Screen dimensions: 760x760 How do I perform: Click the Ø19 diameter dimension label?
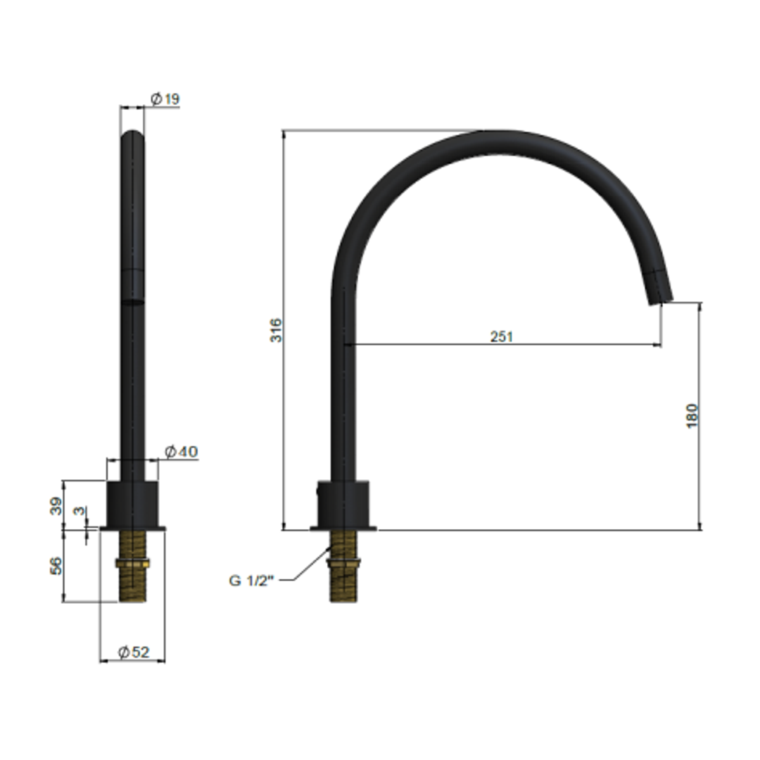pos(165,99)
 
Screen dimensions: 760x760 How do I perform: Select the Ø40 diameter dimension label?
pos(181,452)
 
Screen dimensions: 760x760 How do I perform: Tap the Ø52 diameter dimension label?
pos(134,652)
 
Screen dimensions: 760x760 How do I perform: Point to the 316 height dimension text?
pos(277,330)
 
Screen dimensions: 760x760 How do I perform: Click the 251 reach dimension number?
pos(502,336)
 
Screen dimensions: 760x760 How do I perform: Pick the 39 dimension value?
pos(56,505)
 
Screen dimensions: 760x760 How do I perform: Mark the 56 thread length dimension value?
pos(56,565)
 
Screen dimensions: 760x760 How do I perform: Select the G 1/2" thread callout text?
pos(251,581)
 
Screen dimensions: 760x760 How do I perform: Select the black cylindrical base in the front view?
pos(132,503)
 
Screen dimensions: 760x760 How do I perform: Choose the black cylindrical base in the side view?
pos(343,503)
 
